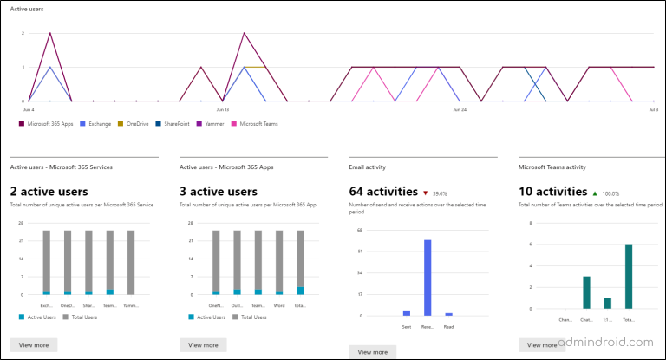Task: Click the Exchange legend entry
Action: pos(95,123)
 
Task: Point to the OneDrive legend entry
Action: pos(134,123)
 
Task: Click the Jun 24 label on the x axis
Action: pos(460,110)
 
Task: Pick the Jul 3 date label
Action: pos(653,110)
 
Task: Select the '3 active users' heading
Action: pos(219,191)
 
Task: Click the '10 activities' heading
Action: pos(552,191)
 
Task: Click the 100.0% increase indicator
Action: pos(610,192)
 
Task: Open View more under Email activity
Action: pos(372,351)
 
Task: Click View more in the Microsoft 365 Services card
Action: pos(34,344)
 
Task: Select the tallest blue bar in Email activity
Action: pos(428,278)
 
